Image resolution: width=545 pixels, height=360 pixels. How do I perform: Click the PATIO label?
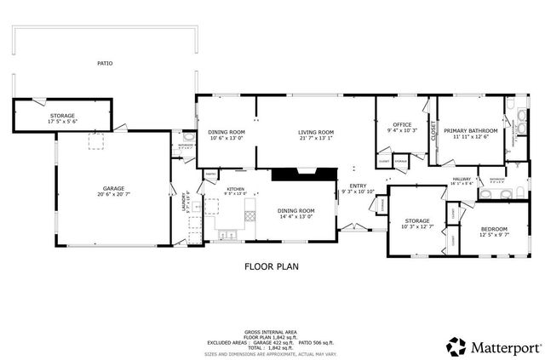(x=105, y=63)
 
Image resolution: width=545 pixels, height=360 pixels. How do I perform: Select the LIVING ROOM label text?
(x=315, y=132)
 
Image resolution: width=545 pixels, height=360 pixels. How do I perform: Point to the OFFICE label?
(x=401, y=124)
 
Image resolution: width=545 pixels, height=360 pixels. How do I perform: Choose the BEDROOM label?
(x=493, y=229)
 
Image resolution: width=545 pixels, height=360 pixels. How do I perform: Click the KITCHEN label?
(x=236, y=189)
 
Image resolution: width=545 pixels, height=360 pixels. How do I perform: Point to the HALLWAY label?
(x=462, y=178)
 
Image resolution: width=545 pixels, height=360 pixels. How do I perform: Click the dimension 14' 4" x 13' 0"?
(x=296, y=216)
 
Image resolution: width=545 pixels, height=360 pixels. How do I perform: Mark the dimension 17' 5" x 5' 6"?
(x=63, y=122)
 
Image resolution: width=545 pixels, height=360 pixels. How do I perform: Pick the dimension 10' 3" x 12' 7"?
(x=417, y=226)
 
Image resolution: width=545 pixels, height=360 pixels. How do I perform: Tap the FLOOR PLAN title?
(x=272, y=266)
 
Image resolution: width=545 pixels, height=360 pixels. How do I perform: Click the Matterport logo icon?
(x=457, y=346)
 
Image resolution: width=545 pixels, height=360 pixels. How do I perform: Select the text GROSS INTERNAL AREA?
(x=272, y=331)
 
